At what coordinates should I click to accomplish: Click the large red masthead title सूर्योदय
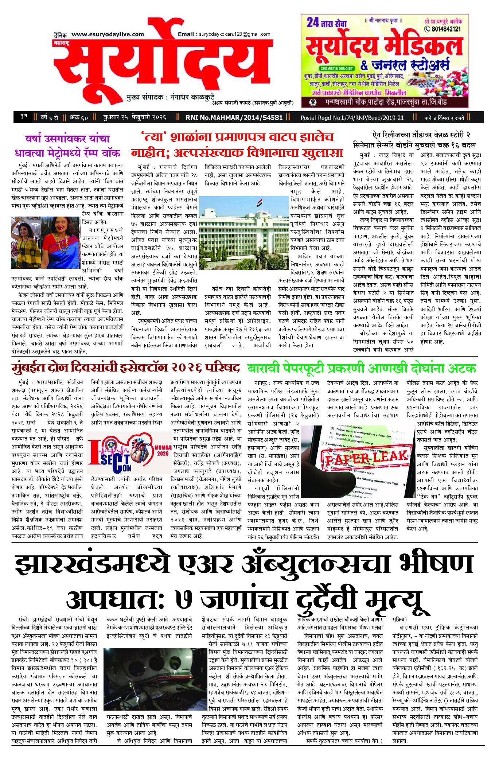(164, 66)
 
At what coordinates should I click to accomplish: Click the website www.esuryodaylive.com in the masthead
(108, 34)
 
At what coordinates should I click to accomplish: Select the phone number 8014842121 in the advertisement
(445, 29)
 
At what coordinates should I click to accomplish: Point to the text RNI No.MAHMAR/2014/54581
(234, 117)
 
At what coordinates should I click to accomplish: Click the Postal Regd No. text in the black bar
(352, 118)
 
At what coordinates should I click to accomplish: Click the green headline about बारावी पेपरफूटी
(362, 368)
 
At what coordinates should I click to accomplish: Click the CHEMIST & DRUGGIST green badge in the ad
(336, 68)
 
